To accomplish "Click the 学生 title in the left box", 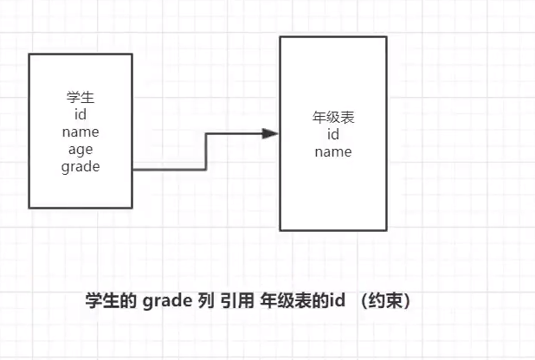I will click(x=81, y=97).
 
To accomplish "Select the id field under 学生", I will click(x=81, y=114).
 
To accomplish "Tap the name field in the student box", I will click(x=81, y=132).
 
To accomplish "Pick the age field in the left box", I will click(x=81, y=150).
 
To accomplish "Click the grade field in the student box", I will click(x=81, y=167).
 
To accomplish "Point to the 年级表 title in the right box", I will click(x=332, y=117).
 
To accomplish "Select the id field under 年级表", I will click(x=332, y=135).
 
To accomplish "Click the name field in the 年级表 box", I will click(x=332, y=152).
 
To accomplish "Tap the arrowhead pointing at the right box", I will click(x=270, y=134).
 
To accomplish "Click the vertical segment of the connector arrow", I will click(x=205, y=151).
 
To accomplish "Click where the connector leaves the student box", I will click(x=134, y=170).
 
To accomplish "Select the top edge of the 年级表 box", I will click(x=332, y=37).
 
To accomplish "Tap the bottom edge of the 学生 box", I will click(x=81, y=208).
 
